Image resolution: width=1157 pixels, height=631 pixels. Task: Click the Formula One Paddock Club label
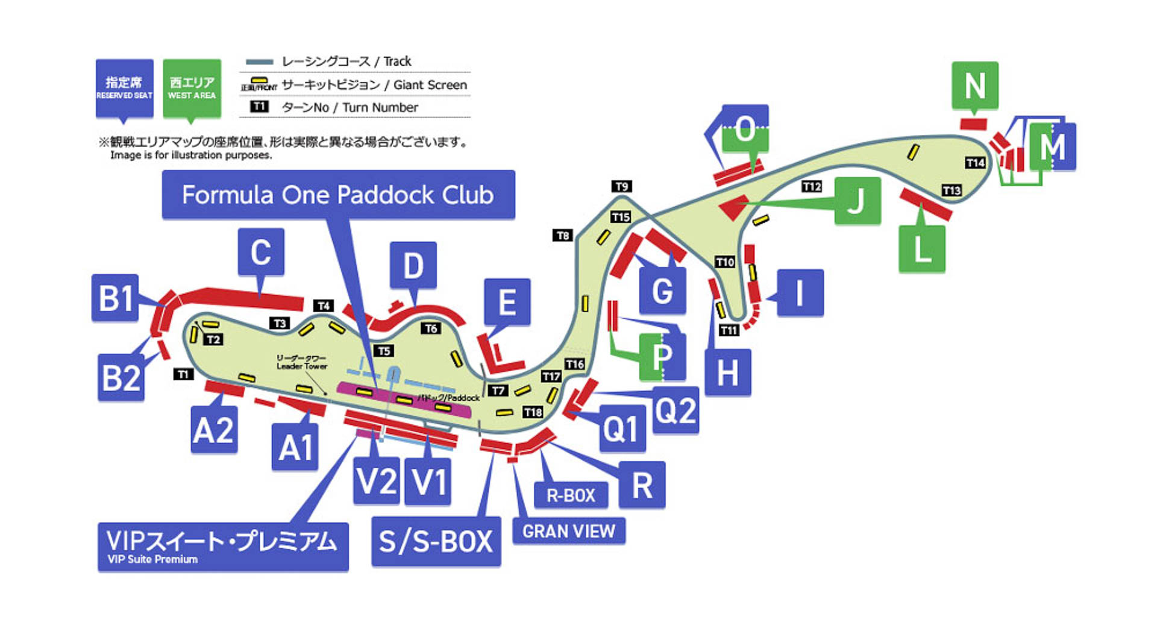(338, 195)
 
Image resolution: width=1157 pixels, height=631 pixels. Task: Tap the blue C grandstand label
(261, 251)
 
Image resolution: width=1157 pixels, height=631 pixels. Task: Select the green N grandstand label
(974, 85)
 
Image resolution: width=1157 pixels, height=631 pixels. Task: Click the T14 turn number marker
(975, 163)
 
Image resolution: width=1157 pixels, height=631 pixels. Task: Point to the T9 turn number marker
(621, 186)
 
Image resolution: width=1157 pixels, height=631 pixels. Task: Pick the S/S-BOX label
(436, 541)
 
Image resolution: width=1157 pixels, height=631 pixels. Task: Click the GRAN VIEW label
(568, 531)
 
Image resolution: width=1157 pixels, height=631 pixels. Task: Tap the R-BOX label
(570, 495)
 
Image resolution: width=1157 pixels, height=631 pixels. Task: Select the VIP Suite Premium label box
(223, 546)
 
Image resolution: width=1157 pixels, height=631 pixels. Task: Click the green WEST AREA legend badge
(192, 88)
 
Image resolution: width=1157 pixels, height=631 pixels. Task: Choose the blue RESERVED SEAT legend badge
(124, 88)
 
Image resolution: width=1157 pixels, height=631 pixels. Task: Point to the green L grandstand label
(921, 248)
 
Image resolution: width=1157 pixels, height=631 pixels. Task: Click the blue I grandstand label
(800, 293)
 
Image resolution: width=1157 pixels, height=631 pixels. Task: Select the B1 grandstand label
(115, 298)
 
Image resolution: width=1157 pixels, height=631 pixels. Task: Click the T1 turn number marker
(183, 374)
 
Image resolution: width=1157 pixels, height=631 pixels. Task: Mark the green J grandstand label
(857, 201)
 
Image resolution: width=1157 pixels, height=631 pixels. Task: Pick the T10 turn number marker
(725, 262)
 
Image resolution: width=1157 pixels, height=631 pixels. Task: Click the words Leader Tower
(302, 366)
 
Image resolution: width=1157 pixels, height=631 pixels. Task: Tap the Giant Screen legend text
(430, 85)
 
